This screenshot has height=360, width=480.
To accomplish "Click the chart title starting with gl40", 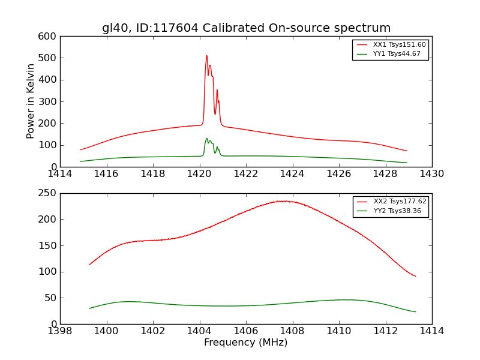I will click(246, 28).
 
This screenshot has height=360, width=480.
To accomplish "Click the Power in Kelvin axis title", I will click(31, 101).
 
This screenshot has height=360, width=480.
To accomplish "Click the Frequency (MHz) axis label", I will click(246, 343).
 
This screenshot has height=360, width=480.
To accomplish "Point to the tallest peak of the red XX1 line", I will click(206, 56).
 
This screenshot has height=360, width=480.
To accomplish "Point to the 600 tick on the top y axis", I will click(50, 36).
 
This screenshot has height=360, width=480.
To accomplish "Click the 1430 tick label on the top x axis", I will click(432, 174).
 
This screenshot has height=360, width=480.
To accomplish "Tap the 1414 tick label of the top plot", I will click(60, 174).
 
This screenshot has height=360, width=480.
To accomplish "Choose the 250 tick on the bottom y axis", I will click(50, 193).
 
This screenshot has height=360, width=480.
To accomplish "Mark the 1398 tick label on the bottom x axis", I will click(60, 331).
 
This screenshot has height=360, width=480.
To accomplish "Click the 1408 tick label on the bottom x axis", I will click(292, 331).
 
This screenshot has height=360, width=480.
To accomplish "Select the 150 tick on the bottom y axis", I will click(50, 245).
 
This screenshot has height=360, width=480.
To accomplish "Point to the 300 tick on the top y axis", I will click(50, 101).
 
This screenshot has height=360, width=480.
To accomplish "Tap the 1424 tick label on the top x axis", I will click(292, 174).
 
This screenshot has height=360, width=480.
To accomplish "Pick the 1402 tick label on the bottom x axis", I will click(153, 331).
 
